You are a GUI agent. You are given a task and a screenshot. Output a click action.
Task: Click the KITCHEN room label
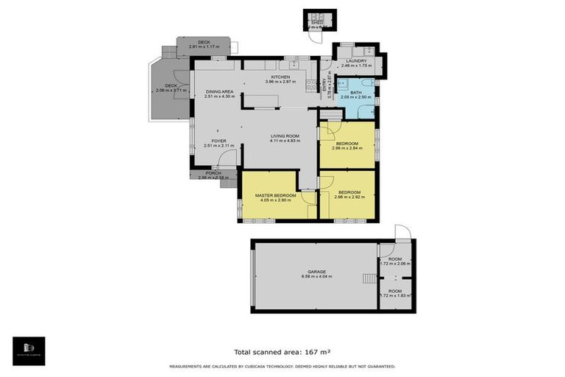tap(280, 77)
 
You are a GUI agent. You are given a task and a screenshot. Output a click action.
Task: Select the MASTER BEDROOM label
tap(275, 195)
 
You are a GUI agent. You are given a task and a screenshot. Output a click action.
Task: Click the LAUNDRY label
tap(356, 61)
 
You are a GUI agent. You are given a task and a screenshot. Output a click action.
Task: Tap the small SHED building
tap(317, 21)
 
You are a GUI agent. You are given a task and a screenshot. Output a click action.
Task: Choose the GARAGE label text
tap(316, 272)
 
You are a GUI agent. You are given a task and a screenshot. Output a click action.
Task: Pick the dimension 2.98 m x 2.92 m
tap(349, 197)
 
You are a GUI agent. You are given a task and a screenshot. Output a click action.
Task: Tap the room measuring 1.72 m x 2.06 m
tap(396, 262)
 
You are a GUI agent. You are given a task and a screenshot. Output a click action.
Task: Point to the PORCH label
tap(213, 173)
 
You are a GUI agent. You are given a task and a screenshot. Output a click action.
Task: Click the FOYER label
tap(218, 140)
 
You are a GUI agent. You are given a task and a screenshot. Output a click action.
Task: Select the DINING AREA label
tap(219, 91)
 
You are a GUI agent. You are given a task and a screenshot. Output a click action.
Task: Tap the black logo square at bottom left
tap(29, 351)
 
